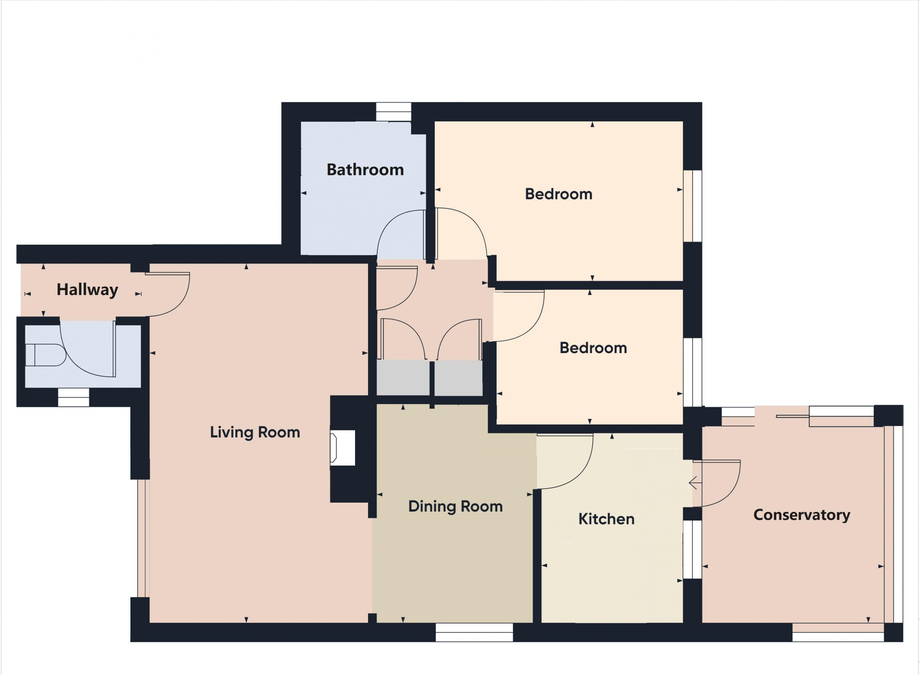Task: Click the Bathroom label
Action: (x=365, y=170)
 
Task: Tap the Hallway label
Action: (x=87, y=290)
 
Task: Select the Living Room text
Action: (x=255, y=432)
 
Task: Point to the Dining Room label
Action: (x=455, y=507)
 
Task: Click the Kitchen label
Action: (x=607, y=519)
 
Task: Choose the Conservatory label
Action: (x=801, y=515)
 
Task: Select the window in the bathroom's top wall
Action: (x=393, y=112)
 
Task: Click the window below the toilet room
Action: (x=74, y=398)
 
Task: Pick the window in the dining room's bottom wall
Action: (x=474, y=633)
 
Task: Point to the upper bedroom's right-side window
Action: (x=693, y=206)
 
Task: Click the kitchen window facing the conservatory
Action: (x=693, y=549)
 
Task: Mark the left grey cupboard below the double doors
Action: (x=402, y=378)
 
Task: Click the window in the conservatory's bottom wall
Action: (x=838, y=633)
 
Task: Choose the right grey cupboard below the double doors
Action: (x=458, y=378)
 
